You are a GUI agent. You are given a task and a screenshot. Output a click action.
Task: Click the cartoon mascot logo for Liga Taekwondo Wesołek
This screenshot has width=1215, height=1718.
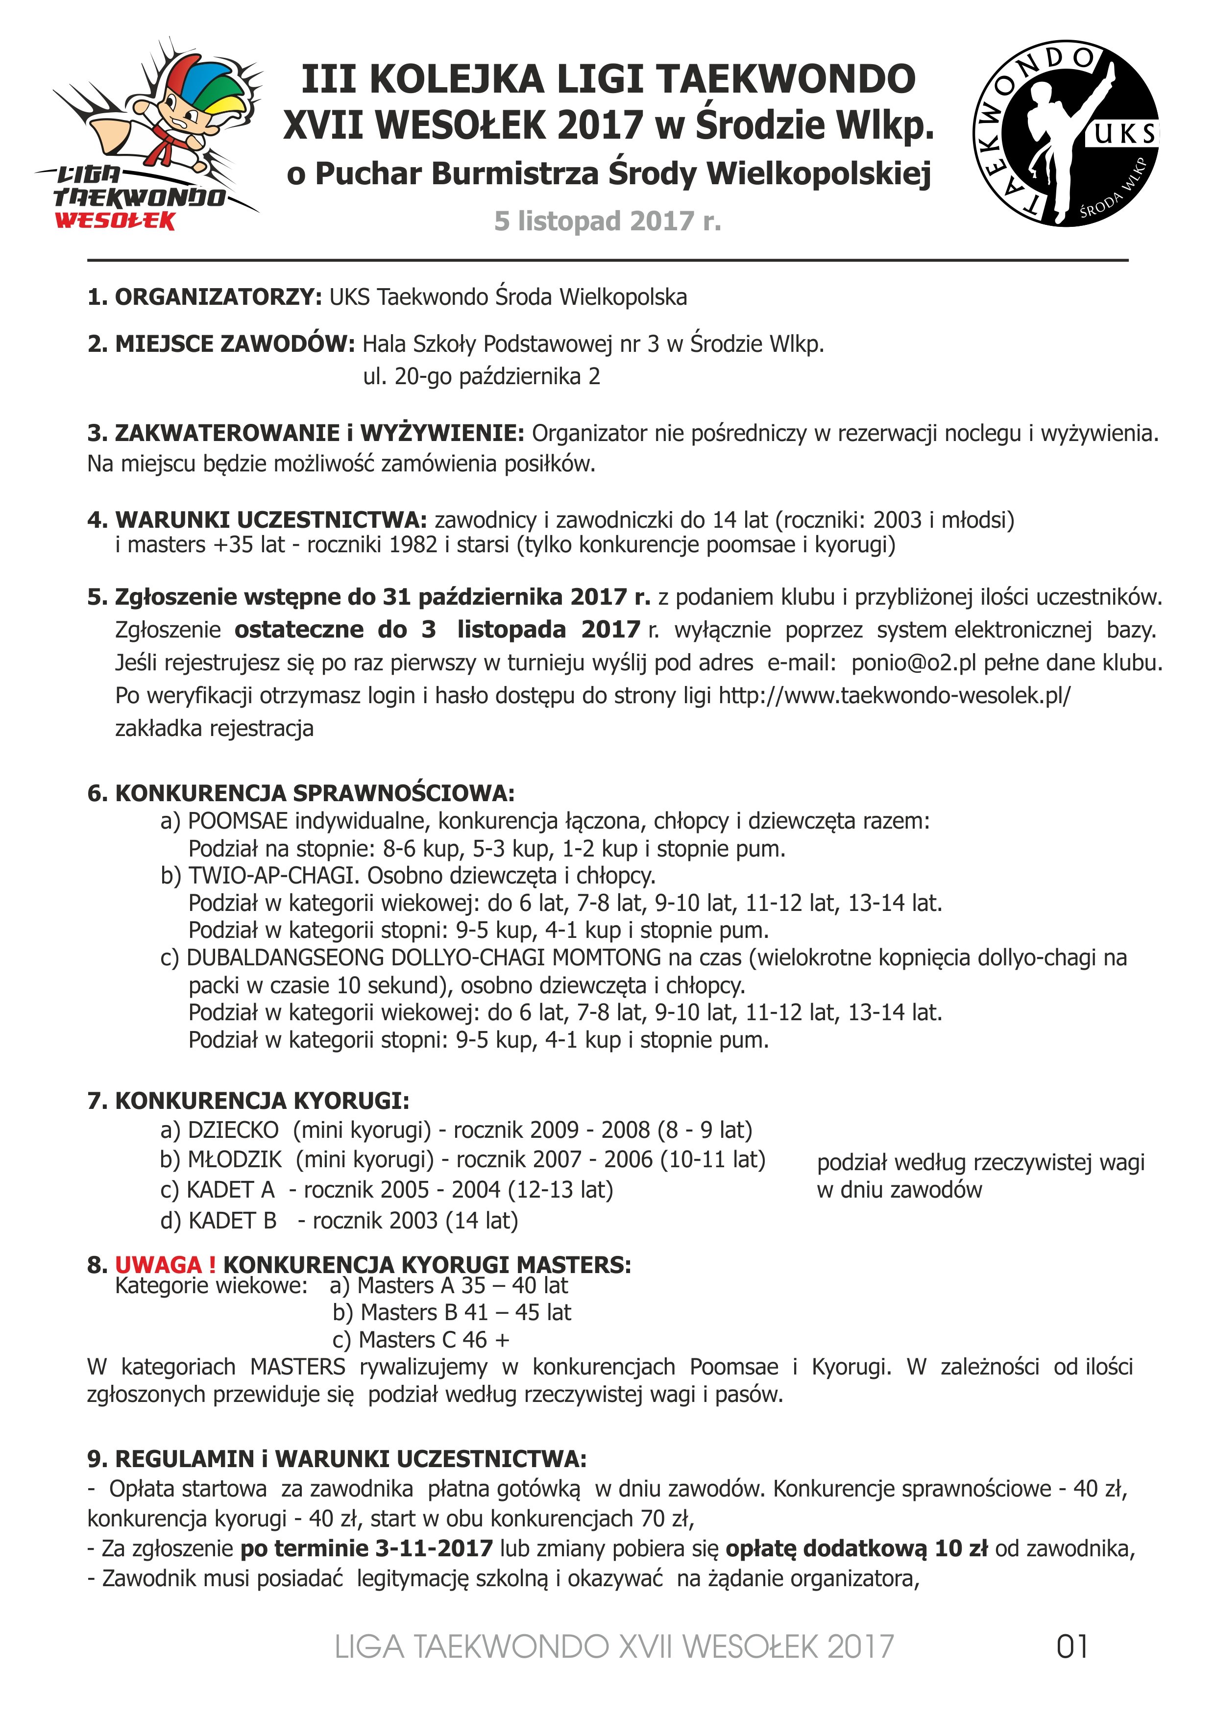click(x=149, y=135)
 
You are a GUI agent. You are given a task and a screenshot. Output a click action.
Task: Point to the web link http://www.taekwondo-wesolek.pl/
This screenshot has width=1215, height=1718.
click(x=895, y=696)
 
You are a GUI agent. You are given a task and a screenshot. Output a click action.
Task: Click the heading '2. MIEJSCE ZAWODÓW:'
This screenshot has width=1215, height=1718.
click(x=220, y=344)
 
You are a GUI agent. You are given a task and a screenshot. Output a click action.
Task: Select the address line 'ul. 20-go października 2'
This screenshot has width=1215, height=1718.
click(x=482, y=376)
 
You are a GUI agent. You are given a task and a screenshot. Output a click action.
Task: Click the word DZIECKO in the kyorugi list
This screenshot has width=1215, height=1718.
click(x=233, y=1130)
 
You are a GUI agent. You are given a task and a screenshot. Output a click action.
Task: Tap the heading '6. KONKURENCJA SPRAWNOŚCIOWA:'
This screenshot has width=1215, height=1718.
click(x=301, y=793)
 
